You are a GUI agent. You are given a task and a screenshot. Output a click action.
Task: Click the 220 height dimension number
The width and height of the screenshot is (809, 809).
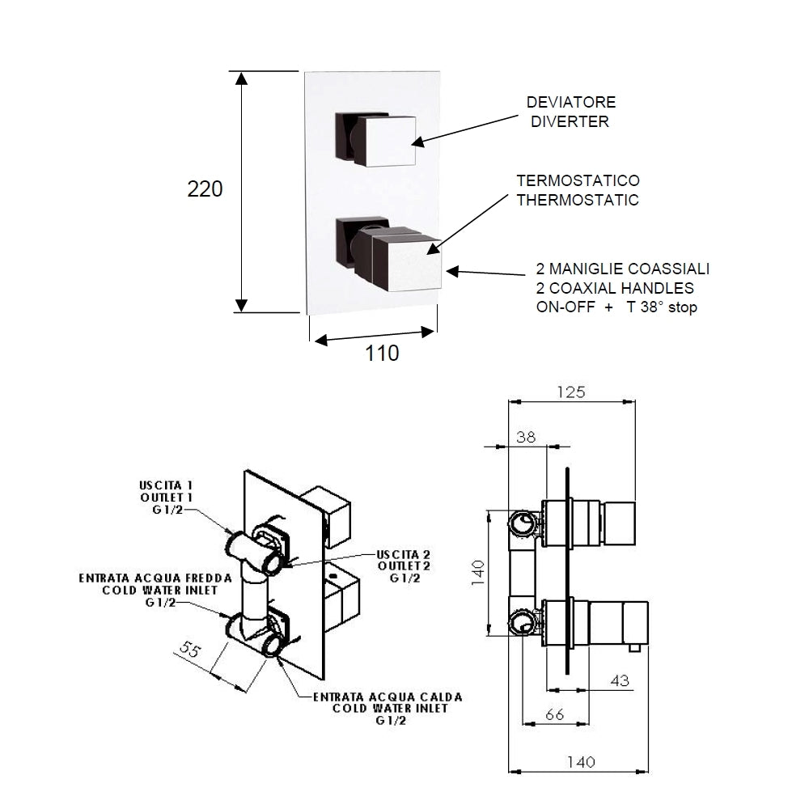(x=205, y=188)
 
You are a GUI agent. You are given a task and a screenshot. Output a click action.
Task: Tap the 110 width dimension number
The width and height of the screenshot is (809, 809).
(x=382, y=354)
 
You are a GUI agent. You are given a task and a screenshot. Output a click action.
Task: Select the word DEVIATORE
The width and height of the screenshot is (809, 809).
(x=571, y=102)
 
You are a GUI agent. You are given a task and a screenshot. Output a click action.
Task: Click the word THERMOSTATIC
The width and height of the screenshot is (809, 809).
(x=578, y=200)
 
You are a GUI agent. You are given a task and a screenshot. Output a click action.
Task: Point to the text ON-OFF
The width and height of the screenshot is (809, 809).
(x=565, y=307)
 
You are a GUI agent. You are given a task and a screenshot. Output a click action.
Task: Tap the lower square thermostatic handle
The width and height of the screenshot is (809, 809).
(x=407, y=264)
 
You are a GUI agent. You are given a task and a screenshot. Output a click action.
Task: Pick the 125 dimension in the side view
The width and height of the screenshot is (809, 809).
(x=571, y=392)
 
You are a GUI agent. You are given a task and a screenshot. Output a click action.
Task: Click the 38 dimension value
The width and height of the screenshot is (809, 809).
(x=526, y=437)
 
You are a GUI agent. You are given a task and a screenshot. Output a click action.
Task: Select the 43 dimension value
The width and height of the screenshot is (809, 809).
(x=620, y=680)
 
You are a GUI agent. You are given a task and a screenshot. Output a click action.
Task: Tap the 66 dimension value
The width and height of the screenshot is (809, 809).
(x=555, y=714)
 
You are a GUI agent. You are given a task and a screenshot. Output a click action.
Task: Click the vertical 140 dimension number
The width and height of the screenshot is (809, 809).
(x=478, y=573)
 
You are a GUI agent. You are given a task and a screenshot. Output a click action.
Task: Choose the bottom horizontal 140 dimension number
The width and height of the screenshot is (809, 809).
(x=581, y=762)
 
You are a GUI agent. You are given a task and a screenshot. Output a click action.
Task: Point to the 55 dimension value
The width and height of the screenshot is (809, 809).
(x=189, y=650)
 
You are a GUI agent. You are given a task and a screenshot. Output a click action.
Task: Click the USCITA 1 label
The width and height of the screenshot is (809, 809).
(x=166, y=485)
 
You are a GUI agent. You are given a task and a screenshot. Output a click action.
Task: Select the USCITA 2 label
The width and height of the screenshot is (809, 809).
(x=404, y=555)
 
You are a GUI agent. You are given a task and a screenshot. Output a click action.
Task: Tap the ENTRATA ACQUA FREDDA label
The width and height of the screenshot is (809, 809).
(x=155, y=578)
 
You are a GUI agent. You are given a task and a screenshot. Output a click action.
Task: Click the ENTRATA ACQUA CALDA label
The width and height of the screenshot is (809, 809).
(x=388, y=697)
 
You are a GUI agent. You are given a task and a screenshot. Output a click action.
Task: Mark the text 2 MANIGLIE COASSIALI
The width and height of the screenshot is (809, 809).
(x=623, y=269)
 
